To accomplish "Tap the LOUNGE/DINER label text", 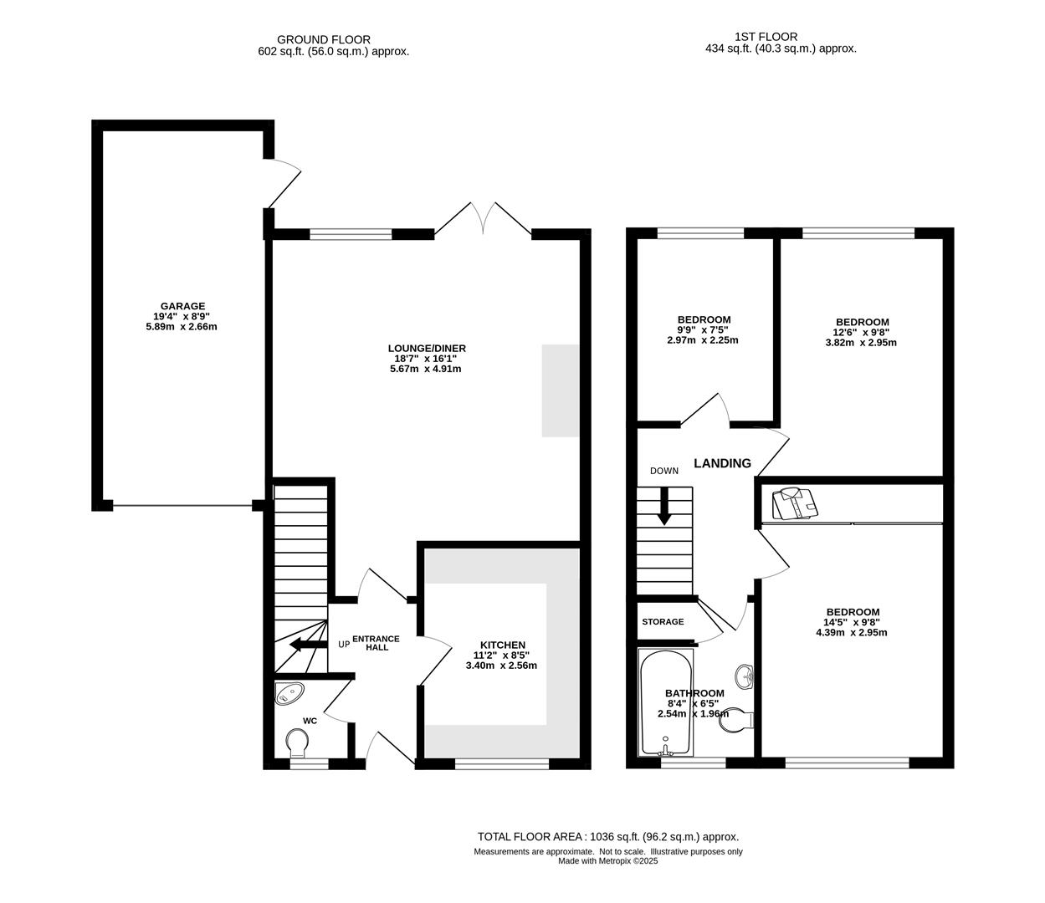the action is (427, 348).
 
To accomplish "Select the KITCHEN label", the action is (503, 645).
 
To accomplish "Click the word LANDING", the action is (722, 463).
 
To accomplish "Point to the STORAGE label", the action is (663, 621).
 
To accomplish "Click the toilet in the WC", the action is (297, 744).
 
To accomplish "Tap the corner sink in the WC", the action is (289, 693).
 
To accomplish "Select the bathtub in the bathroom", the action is (665, 703).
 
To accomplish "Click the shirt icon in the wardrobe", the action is (795, 503).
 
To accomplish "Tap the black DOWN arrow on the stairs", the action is (663, 506).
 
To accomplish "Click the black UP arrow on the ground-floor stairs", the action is (308, 645).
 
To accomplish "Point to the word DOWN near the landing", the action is (663, 471).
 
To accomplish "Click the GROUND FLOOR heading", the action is (324, 39).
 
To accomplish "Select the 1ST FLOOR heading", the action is (766, 37).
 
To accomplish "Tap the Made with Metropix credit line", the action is (608, 861).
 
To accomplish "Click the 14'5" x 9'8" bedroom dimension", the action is (853, 622).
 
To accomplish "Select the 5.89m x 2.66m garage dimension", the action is (182, 326).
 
